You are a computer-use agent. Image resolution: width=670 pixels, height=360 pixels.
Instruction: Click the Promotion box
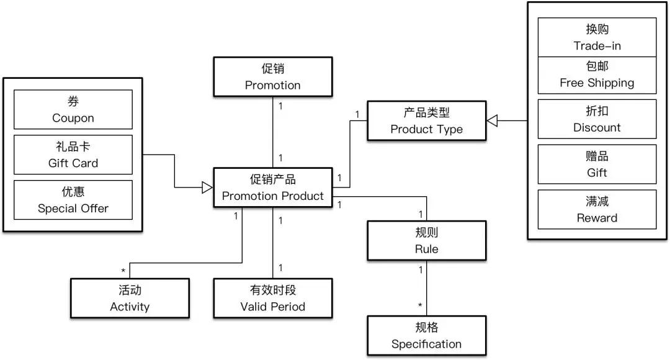coord(272,76)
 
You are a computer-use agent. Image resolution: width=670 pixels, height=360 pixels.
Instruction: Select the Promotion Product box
coord(272,187)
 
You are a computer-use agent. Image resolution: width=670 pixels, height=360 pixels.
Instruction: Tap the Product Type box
coord(426,120)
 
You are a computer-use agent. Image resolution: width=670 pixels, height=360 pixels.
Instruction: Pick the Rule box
coord(426,240)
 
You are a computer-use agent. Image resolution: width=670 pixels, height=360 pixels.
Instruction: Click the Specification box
coord(426,335)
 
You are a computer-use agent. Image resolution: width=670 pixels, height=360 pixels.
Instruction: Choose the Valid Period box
coord(272,298)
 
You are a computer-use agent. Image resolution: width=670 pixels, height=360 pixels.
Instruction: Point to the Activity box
coord(130,298)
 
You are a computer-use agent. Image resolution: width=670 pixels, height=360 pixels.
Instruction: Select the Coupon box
coord(73,109)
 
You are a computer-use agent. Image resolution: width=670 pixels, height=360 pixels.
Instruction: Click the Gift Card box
coord(73,155)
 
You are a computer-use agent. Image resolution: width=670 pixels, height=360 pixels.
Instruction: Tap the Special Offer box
coord(73,200)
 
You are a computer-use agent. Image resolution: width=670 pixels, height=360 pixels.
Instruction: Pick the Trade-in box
coord(597,37)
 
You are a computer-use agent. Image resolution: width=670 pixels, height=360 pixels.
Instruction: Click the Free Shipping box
coord(597,74)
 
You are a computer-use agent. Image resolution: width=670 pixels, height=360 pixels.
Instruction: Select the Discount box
coord(597,119)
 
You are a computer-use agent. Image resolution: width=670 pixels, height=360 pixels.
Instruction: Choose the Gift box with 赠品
coord(597,164)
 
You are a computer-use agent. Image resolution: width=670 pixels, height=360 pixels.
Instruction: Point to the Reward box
coord(597,209)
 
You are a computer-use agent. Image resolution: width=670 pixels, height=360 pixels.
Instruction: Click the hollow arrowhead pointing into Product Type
coord(492,120)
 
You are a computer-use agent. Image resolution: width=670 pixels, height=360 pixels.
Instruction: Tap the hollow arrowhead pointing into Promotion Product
coord(207,187)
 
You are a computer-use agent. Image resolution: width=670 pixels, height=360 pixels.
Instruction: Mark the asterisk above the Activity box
coord(123,271)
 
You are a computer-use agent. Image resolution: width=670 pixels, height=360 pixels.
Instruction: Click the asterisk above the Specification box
coord(420,305)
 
